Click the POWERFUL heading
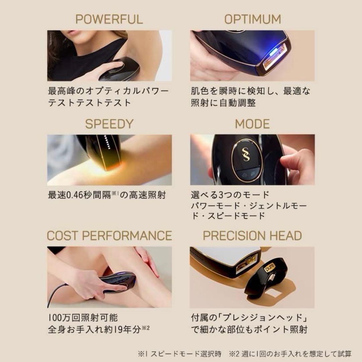[x=109, y=19]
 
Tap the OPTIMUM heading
[x=252, y=19]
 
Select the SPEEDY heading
[x=109, y=124]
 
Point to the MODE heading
[x=252, y=124]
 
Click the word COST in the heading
[x=63, y=236]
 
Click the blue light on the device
[x=272, y=53]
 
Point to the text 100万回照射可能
[x=83, y=317]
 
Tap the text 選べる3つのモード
[x=230, y=195]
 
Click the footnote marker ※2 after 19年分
[x=146, y=328]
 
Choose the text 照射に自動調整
[x=223, y=103]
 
